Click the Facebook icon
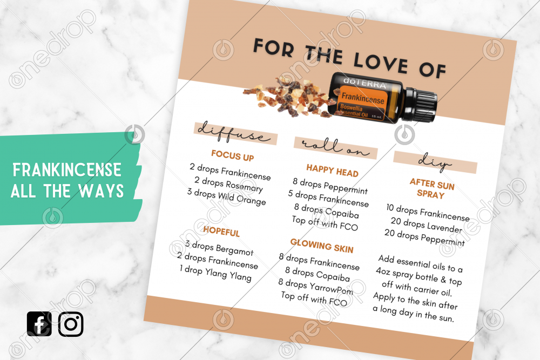click(39, 324)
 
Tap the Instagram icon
click(71, 324)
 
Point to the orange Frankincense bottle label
click(362, 103)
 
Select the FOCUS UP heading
click(232, 155)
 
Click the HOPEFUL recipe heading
click(221, 231)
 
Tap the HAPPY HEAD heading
click(332, 171)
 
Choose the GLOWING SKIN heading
click(322, 246)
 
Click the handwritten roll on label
click(335, 147)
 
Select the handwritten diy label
click(435, 162)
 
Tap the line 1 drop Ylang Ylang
click(215, 273)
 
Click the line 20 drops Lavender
click(426, 225)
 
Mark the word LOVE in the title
click(381, 62)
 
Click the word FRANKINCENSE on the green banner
click(67, 169)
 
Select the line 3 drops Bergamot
click(219, 248)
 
